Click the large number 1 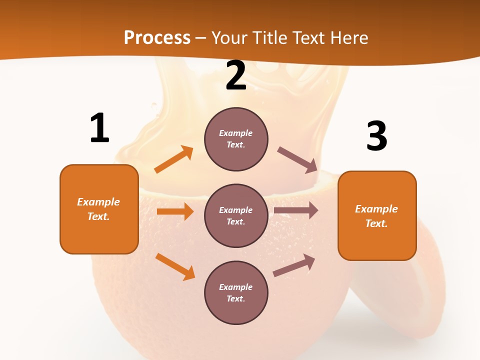pos(99,128)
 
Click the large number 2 pos(236,76)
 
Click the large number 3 pos(377,136)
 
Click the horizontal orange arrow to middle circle pos(175,211)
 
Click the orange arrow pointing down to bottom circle pos(175,266)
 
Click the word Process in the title pos(157,37)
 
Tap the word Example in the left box pos(98,202)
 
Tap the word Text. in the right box pos(376,223)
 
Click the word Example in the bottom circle pos(235,287)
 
